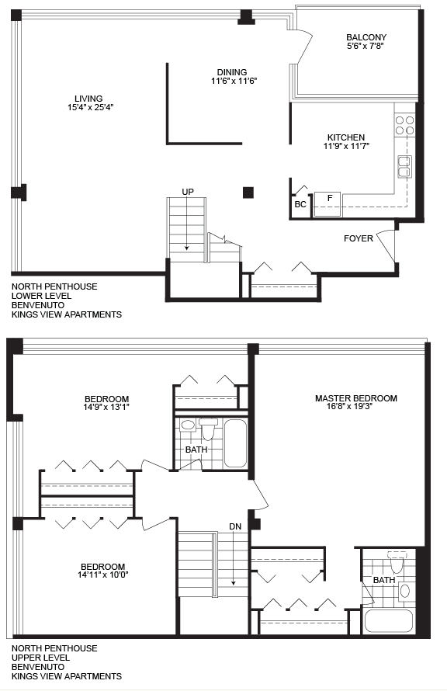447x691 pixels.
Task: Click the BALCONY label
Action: (366, 37)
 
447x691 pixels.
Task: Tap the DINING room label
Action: (231, 72)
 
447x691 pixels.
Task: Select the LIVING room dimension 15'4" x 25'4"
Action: (90, 107)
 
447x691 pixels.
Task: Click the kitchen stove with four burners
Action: (405, 125)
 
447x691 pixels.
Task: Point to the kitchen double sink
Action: (405, 167)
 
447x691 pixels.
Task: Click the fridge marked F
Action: (328, 204)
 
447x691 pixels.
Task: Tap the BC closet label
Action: (300, 204)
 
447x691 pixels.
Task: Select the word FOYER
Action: (359, 238)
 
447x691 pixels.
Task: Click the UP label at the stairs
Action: (188, 192)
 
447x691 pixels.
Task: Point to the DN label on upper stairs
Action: (235, 526)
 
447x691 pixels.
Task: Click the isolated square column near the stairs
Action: (248, 192)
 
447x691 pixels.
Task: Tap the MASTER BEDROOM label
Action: (356, 398)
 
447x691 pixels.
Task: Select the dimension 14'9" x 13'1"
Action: (107, 407)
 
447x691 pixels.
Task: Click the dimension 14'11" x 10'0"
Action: (104, 575)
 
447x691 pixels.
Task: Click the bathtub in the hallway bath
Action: (235, 443)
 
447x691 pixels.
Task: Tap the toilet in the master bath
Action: (397, 561)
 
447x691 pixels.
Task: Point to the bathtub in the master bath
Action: (389, 621)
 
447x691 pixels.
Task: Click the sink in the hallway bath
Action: (188, 425)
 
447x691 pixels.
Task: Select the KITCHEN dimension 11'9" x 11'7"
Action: (346, 146)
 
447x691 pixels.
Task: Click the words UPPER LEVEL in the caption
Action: (40, 658)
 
